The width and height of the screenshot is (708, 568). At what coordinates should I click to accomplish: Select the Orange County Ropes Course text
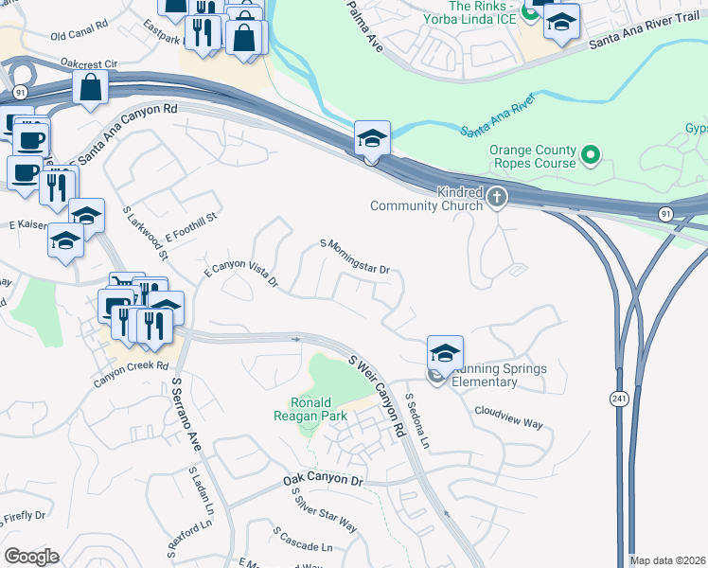tap(532, 156)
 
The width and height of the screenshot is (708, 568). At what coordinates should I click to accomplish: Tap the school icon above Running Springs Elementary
tap(445, 352)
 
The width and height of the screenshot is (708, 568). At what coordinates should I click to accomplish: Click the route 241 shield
tap(620, 396)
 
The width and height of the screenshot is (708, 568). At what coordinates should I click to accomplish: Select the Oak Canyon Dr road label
tap(323, 483)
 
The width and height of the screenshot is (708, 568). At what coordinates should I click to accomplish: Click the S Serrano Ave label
tap(186, 415)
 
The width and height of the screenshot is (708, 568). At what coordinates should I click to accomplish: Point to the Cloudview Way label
tap(508, 418)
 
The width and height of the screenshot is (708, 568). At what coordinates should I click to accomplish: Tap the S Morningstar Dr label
tap(355, 257)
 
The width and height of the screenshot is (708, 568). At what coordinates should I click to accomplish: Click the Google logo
tap(31, 557)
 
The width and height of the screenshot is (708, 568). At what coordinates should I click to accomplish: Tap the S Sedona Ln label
tap(417, 421)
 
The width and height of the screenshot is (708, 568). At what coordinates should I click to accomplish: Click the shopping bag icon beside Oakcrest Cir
tap(92, 88)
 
